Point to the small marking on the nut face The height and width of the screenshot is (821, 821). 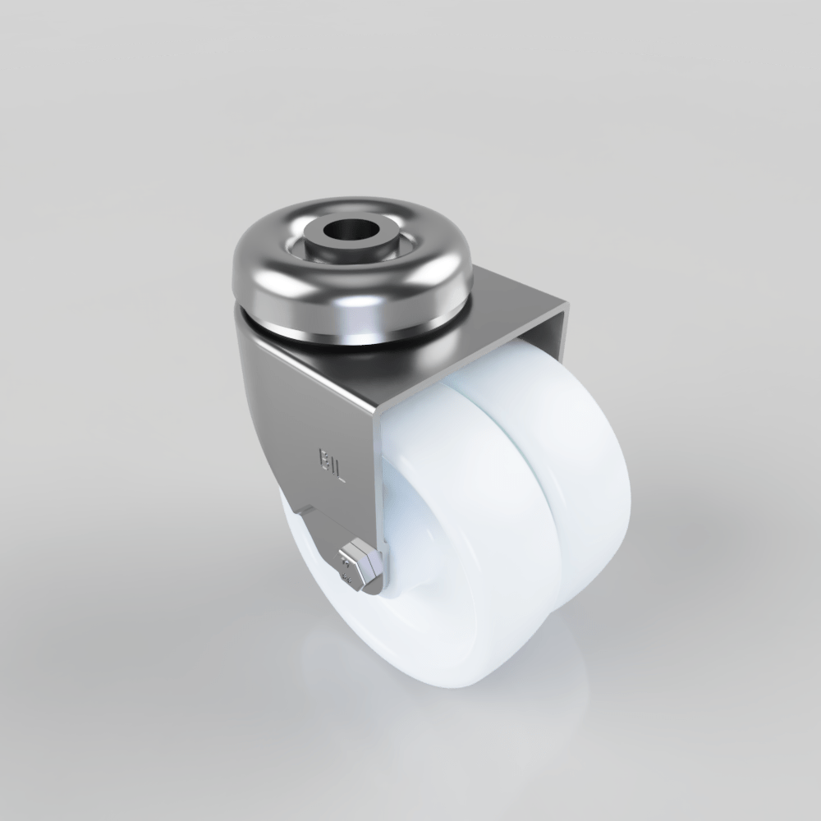tap(348, 566)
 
